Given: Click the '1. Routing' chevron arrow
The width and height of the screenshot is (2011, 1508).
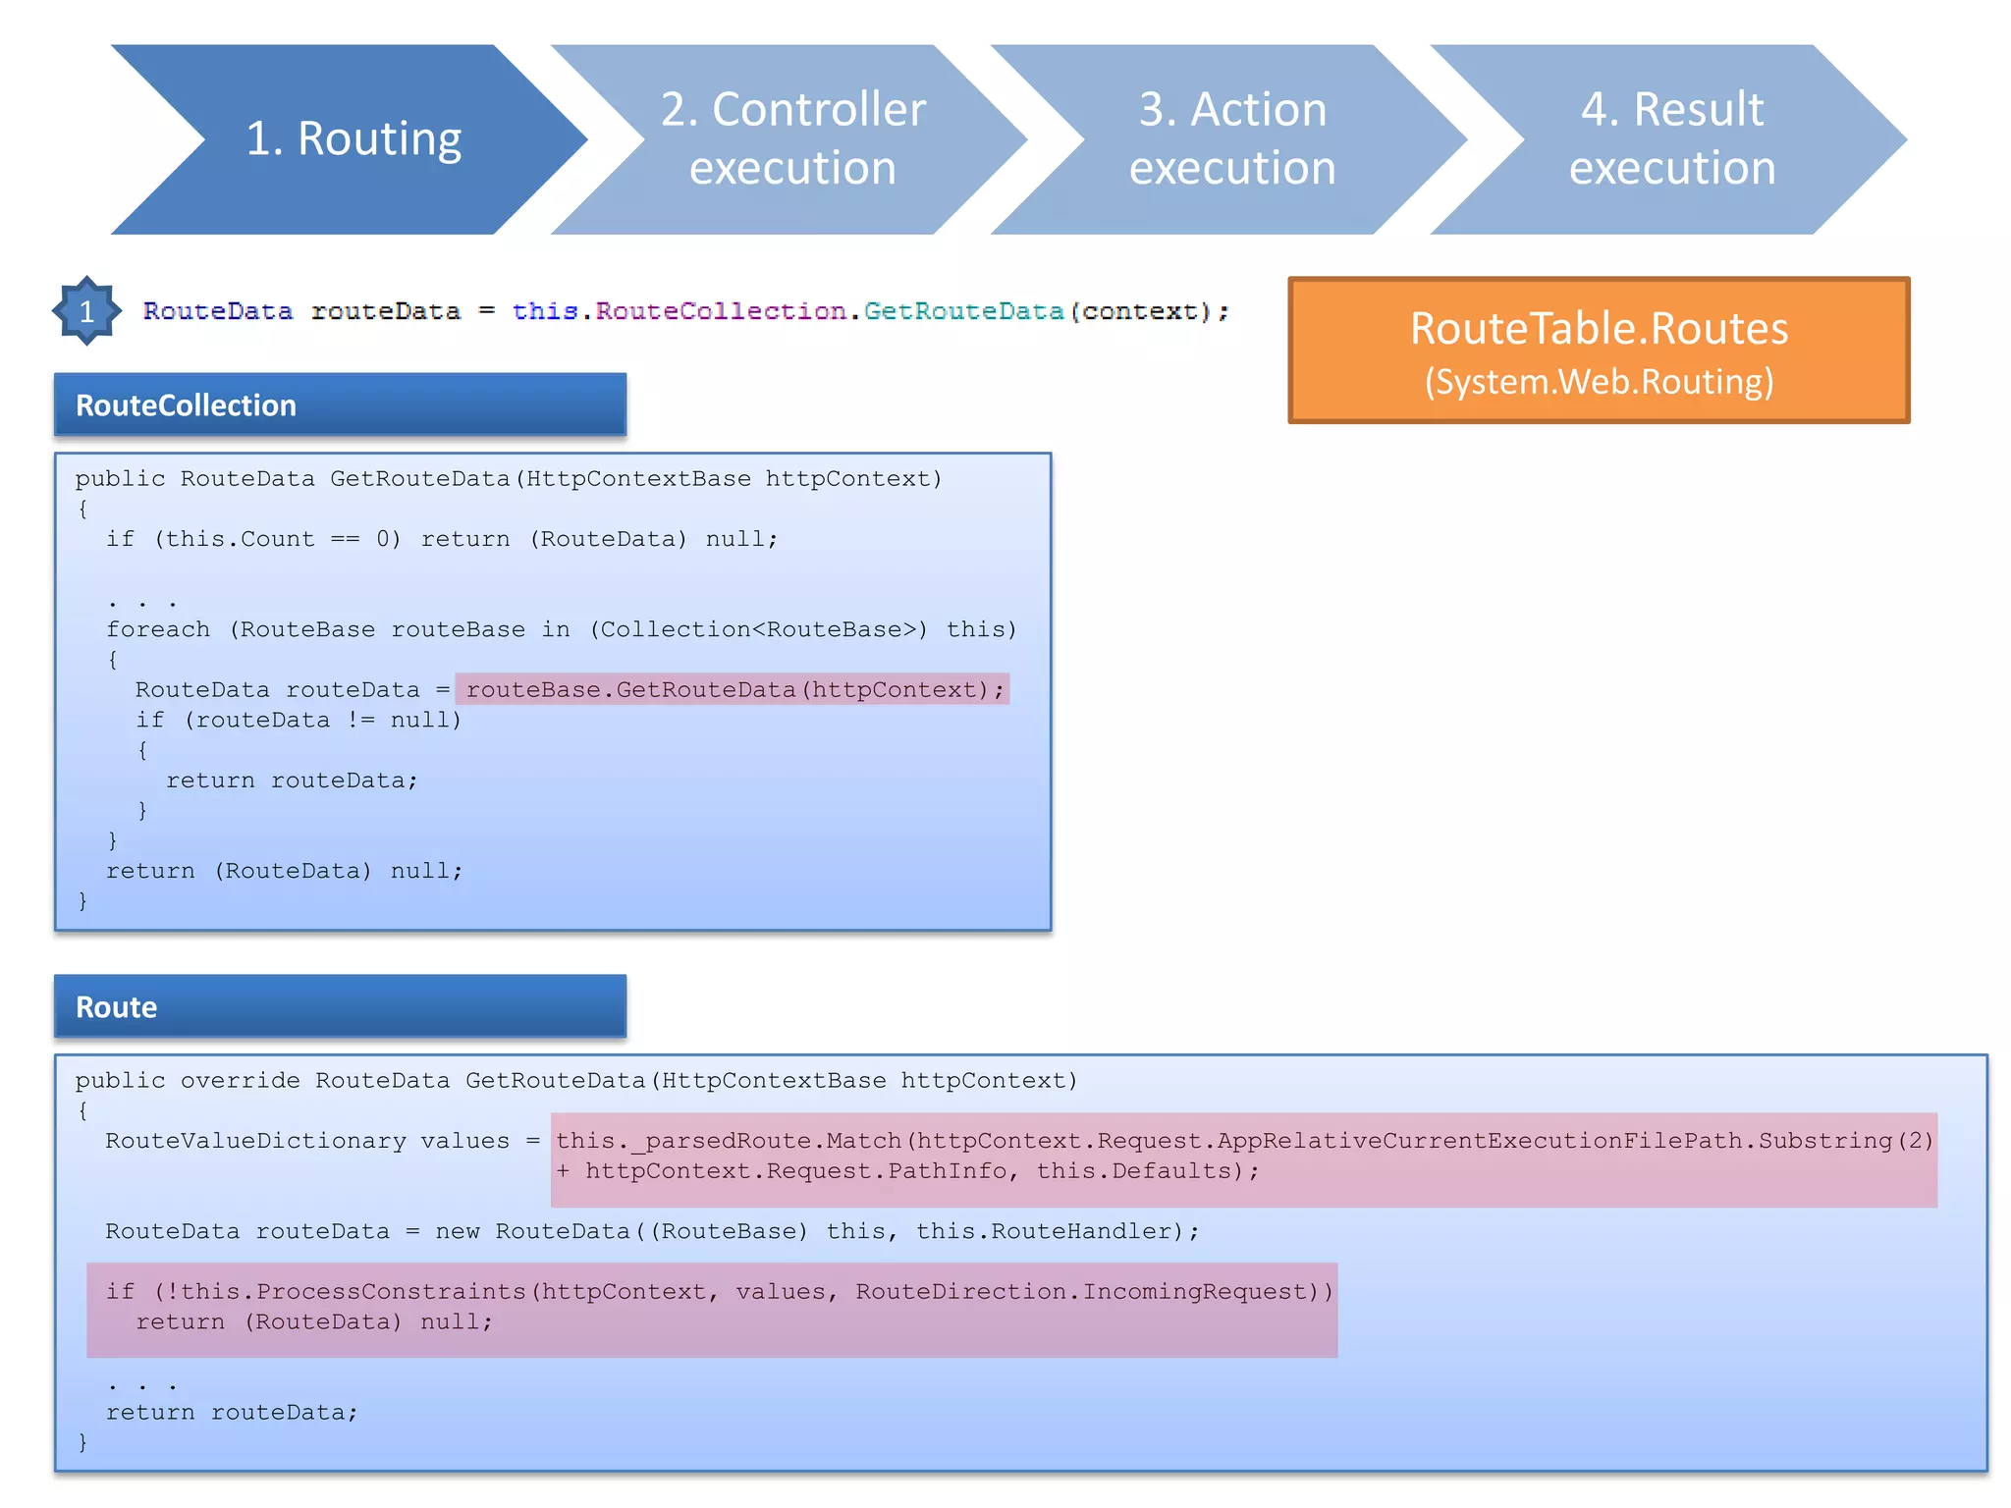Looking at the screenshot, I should tap(353, 138).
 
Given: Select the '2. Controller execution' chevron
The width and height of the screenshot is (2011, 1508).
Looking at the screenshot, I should tap(791, 138).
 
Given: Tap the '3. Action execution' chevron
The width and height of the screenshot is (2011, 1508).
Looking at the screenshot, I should tap(1231, 138).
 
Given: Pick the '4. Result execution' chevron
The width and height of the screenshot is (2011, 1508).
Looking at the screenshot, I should tap(1671, 138).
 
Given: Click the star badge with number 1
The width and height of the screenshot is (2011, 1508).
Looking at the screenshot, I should tap(86, 311).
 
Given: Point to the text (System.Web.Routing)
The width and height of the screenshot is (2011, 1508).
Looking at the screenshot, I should tap(1599, 382).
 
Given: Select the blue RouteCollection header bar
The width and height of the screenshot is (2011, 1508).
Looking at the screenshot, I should tap(340, 404).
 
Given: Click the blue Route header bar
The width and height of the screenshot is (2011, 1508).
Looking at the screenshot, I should tap(340, 1006).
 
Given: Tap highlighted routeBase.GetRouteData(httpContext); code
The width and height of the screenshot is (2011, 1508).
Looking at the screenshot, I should tap(734, 689).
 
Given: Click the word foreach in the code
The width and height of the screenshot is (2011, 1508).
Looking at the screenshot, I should tap(157, 629).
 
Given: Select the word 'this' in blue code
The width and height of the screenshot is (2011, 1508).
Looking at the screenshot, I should tap(544, 311).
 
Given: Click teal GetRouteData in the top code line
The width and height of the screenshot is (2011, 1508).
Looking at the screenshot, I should tap(962, 311).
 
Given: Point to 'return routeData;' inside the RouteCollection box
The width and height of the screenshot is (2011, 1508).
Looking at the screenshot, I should tap(292, 781).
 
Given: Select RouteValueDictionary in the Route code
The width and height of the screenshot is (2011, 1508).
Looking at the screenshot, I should tap(255, 1141).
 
